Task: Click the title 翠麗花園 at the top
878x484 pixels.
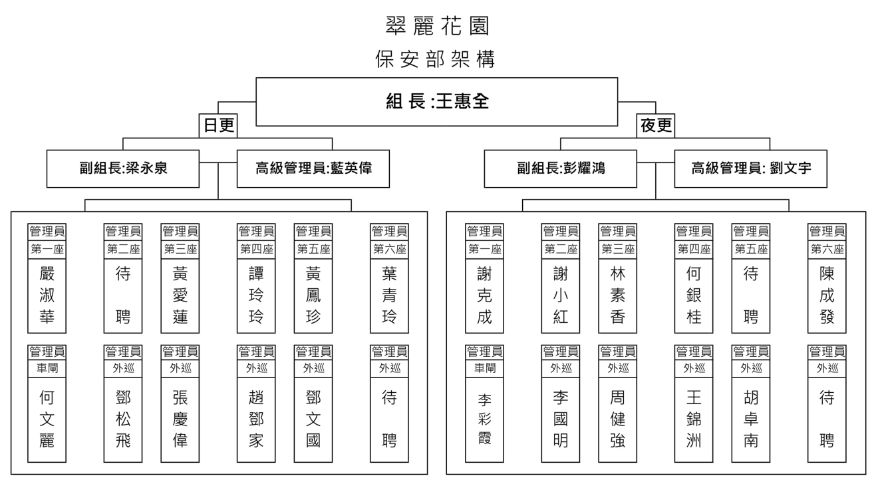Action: pyautogui.click(x=437, y=26)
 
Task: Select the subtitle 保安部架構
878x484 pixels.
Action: pyautogui.click(x=436, y=59)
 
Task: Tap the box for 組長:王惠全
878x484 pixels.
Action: pyautogui.click(x=437, y=101)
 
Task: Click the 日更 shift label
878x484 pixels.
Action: pyautogui.click(x=219, y=125)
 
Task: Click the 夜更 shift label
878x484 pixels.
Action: pyautogui.click(x=656, y=125)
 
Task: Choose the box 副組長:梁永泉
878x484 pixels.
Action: pyautogui.click(x=123, y=168)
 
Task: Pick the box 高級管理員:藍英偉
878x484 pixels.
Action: pyautogui.click(x=313, y=168)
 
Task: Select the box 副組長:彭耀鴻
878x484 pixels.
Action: pyautogui.click(x=561, y=168)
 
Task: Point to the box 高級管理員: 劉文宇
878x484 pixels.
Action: pyautogui.click(x=751, y=168)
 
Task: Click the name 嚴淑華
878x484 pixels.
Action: pyautogui.click(x=47, y=295)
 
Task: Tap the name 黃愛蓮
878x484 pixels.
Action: pyautogui.click(x=180, y=295)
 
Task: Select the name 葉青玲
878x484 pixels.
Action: pyautogui.click(x=389, y=295)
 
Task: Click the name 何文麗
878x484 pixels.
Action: pyautogui.click(x=47, y=419)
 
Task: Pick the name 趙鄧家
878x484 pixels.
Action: pyautogui.click(x=256, y=419)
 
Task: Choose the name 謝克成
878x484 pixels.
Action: pyautogui.click(x=484, y=295)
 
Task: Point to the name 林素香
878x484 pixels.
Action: pyautogui.click(x=617, y=295)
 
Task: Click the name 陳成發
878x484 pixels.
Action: pyautogui.click(x=827, y=295)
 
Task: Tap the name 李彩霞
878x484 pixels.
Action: pyautogui.click(x=484, y=419)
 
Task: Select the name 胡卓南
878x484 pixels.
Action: pyautogui.click(x=750, y=419)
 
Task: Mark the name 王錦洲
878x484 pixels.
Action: pyautogui.click(x=694, y=419)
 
